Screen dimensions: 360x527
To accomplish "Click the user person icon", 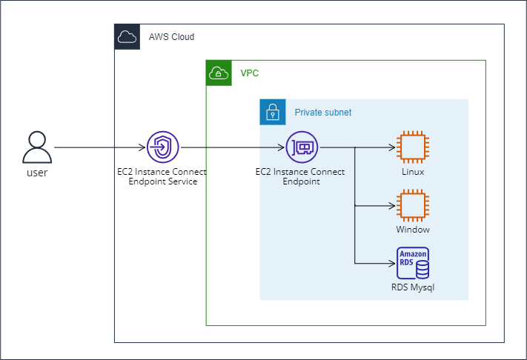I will (x=37, y=147).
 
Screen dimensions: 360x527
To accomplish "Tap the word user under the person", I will (x=37, y=173).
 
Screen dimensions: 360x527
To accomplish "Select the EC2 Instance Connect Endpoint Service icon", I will (x=162, y=147).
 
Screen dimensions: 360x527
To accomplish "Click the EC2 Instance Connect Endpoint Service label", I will (x=162, y=177).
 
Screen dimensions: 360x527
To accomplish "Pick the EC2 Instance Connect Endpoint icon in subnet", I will (x=302, y=147).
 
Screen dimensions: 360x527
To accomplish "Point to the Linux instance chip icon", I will (x=413, y=147).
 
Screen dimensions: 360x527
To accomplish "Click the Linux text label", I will (x=413, y=172).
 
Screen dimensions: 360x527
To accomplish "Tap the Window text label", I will (x=413, y=230).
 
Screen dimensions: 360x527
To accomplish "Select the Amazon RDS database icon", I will (x=413, y=263).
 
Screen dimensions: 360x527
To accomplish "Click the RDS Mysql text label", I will (x=413, y=287).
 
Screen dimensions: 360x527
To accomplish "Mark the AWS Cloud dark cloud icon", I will (x=127, y=36).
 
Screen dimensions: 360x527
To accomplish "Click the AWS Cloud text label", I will (x=171, y=37).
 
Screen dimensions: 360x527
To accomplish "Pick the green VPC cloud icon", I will (x=218, y=73).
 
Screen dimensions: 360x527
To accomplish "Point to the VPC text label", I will (x=250, y=73).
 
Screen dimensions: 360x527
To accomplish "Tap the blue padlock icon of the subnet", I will (x=272, y=112).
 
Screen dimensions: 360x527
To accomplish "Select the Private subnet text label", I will (x=323, y=113).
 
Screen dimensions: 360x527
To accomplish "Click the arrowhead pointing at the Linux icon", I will (x=393, y=147).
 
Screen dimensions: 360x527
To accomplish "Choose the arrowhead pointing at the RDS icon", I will (x=393, y=263).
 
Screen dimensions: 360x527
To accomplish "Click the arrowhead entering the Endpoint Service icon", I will (x=143, y=147).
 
